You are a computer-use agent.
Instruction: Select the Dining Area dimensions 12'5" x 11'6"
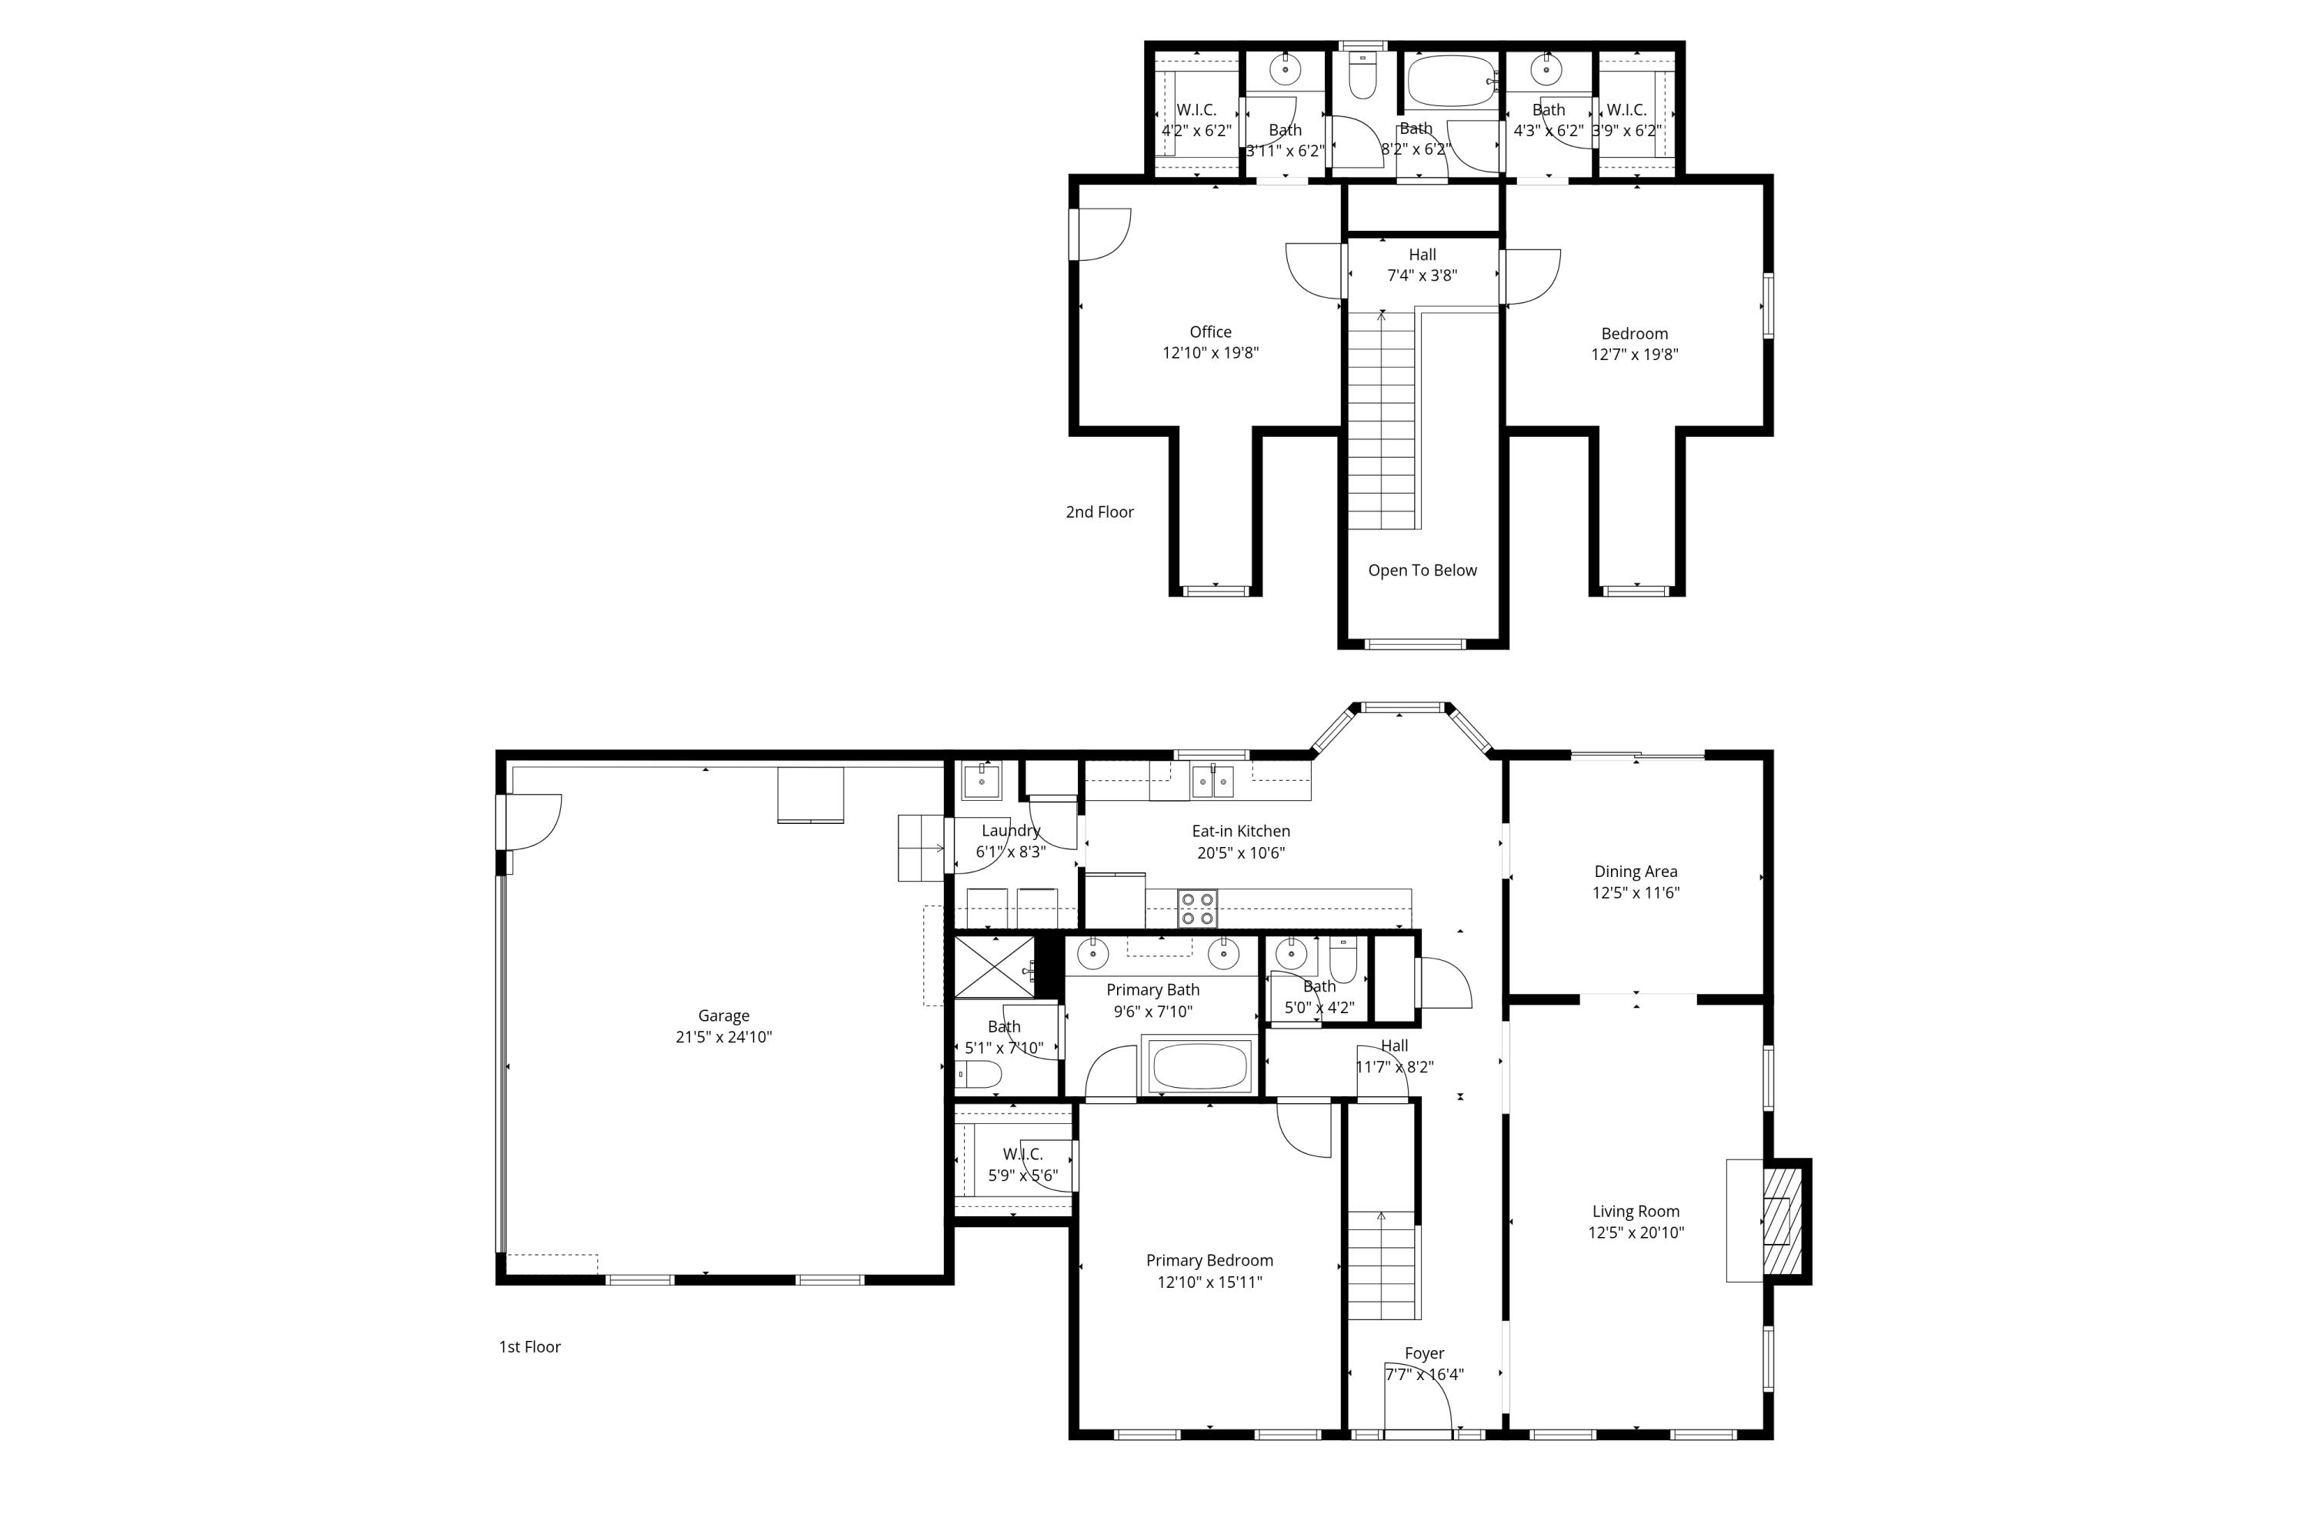1635,892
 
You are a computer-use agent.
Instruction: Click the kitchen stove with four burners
1198,909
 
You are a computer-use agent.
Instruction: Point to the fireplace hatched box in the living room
1782,1221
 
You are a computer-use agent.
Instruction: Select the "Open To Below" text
1422,570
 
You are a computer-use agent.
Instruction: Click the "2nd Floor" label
1099,512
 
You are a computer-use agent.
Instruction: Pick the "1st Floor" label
529,1346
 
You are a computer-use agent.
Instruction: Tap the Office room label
1210,332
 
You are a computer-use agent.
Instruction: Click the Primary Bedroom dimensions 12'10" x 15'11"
1209,1282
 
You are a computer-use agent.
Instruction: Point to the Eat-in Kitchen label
1240,831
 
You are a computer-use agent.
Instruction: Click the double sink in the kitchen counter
1212,781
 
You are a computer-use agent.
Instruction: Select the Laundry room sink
982,781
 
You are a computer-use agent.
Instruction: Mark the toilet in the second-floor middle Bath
1362,75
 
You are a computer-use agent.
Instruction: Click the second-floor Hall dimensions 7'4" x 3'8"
1422,275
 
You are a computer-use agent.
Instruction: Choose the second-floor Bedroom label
1634,334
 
